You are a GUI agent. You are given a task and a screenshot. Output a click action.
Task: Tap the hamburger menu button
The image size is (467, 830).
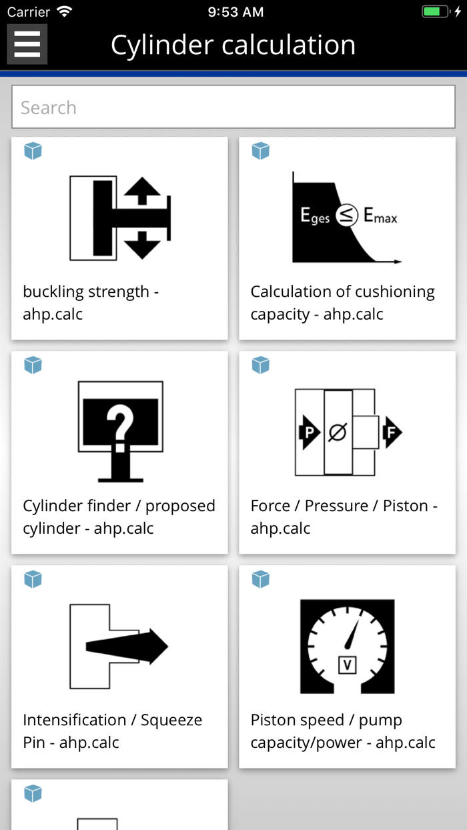pos(27,44)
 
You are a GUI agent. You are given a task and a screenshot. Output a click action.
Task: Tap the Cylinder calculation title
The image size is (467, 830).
pos(233,45)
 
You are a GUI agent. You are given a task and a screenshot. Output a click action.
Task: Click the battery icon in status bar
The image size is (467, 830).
pos(436,12)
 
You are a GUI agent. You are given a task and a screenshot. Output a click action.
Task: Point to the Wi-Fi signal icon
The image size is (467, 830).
pos(65,12)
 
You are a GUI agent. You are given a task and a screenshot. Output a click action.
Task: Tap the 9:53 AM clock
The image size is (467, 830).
pos(236,12)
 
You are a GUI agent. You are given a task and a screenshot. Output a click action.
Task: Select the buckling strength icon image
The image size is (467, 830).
pos(120,218)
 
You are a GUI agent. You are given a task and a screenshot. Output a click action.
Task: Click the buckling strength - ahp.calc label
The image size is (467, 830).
pos(91,303)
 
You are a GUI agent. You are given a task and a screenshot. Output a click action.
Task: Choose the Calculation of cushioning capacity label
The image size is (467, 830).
pos(342,303)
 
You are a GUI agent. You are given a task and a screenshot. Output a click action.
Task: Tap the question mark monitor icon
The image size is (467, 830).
pos(120,431)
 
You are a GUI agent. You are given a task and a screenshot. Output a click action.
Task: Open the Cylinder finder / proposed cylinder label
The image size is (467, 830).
pos(119,517)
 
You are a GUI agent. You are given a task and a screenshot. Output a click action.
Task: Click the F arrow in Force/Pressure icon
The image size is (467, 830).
pos(392,434)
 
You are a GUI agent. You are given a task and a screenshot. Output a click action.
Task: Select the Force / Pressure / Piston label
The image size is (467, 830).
pos(344,517)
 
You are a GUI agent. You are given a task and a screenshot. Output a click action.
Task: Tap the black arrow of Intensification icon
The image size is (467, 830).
pos(127,646)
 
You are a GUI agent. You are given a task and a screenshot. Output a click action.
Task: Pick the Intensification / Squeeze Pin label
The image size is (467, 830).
pos(112,731)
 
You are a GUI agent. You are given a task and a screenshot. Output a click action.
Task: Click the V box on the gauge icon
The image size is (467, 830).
pos(347,665)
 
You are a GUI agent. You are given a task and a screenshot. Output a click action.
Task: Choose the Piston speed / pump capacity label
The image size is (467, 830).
pos(342,731)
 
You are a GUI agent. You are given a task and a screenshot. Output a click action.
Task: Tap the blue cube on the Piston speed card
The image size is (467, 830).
pos(260,579)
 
